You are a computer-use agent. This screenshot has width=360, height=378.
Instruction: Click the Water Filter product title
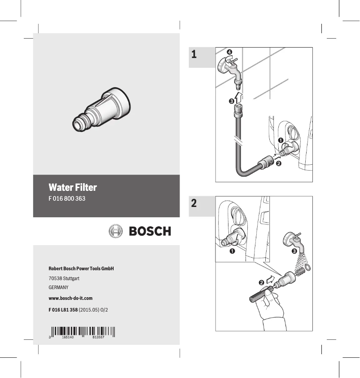click(x=73, y=187)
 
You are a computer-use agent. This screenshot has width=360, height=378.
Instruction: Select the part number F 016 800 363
click(x=67, y=198)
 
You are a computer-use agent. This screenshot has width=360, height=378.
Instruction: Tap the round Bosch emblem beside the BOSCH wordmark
click(x=116, y=231)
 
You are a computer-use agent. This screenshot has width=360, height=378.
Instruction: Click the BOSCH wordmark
click(x=150, y=231)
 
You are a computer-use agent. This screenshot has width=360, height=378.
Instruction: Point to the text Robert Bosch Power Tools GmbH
click(x=81, y=268)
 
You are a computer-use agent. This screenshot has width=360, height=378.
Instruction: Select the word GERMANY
click(x=58, y=287)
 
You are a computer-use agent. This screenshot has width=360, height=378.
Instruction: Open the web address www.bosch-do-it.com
click(x=70, y=298)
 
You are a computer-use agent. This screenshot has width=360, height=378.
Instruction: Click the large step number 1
click(x=193, y=55)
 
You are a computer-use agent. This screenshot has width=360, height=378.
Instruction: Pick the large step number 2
click(x=193, y=203)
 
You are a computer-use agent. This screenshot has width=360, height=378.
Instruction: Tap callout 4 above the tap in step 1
click(x=229, y=53)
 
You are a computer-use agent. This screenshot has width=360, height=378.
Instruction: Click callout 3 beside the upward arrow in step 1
click(x=231, y=101)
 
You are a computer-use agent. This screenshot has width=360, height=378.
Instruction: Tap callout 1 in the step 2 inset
click(x=232, y=251)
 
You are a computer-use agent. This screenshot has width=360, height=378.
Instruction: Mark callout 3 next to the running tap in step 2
click(x=294, y=251)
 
